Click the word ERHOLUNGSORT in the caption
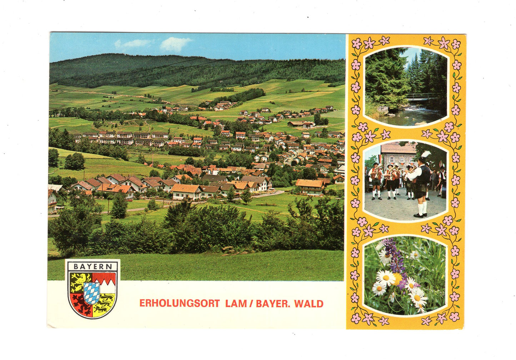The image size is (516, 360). pyautogui.click(x=179, y=304)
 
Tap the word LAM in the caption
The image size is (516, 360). pyautogui.click(x=236, y=304)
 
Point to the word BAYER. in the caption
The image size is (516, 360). pyautogui.click(x=272, y=304)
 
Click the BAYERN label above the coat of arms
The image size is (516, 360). pyautogui.click(x=92, y=266)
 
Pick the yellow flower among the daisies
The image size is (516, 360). pyautogui.click(x=396, y=278)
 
